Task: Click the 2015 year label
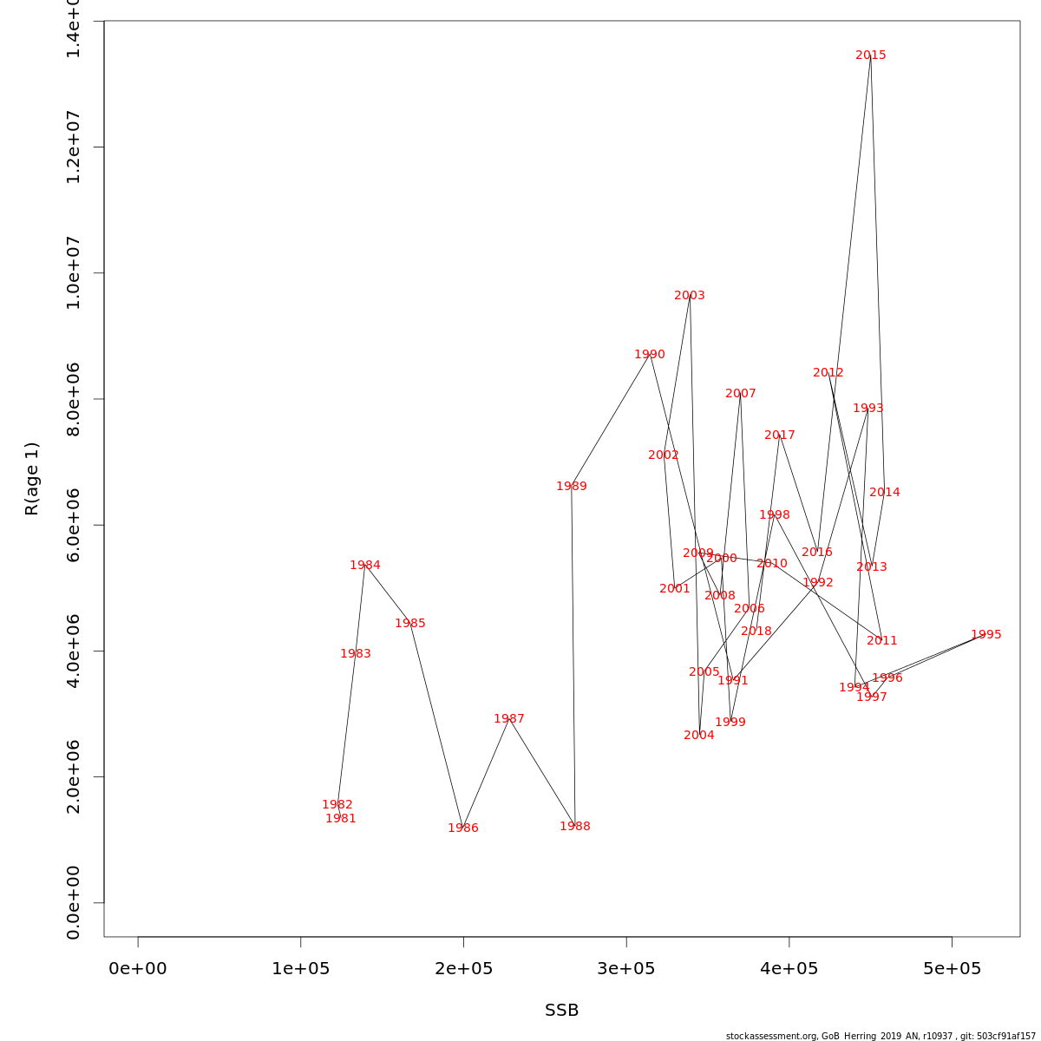pos(871,56)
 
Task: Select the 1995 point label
pos(986,635)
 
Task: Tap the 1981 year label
pos(341,819)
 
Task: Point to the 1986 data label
pos(463,828)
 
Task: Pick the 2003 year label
pos(690,296)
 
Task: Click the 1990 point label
pos(650,355)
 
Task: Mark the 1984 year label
pos(365,566)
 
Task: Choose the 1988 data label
pos(575,827)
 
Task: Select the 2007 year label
pos(741,394)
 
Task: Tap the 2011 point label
pos(882,641)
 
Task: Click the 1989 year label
pos(572,487)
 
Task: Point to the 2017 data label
pos(780,435)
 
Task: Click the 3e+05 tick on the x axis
pos(626,968)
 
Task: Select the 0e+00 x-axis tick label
pos(138,968)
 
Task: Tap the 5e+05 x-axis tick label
pos(952,968)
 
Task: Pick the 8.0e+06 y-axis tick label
pos(73,399)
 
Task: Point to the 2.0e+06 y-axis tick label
pos(73,776)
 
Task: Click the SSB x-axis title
pos(562,1011)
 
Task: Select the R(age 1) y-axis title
pos(32,479)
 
